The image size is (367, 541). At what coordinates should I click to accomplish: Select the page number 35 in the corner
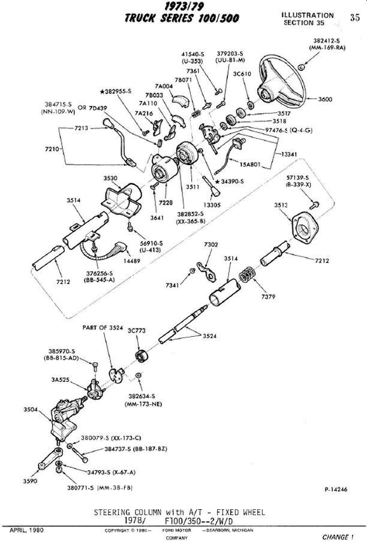(355, 17)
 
